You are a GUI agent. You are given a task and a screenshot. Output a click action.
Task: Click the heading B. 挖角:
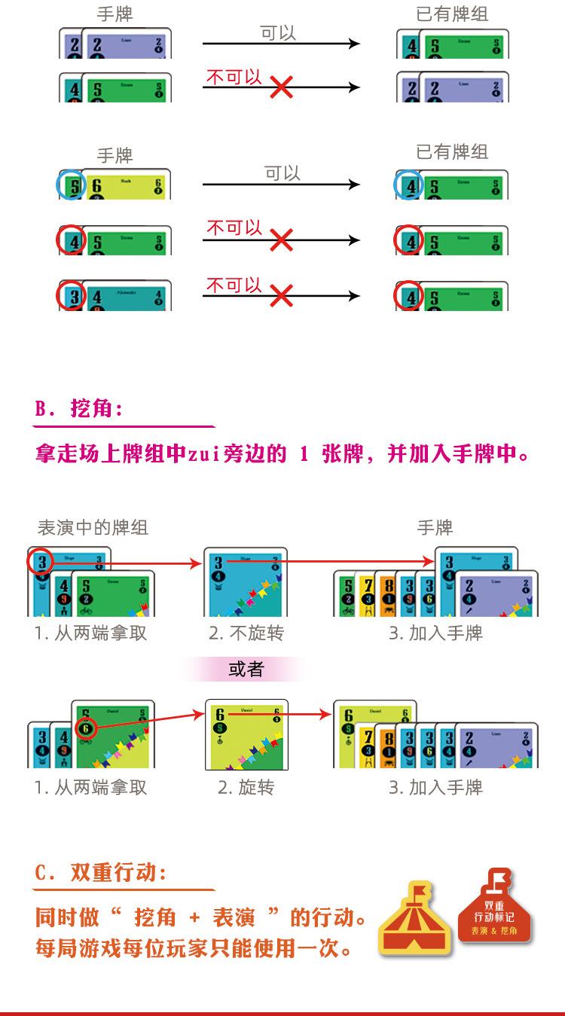[x=78, y=409]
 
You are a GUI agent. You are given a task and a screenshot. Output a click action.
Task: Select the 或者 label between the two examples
[x=246, y=669]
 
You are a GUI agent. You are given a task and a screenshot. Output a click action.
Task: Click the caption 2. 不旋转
[x=246, y=633]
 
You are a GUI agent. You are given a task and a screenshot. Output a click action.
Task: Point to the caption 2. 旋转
[x=246, y=788]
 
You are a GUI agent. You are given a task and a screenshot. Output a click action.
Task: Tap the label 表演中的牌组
[x=93, y=527]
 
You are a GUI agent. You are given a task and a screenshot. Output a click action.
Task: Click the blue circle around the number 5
[x=70, y=185]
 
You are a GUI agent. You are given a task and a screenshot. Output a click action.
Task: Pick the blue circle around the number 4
[x=408, y=185]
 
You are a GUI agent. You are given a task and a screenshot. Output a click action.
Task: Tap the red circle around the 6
[x=87, y=730]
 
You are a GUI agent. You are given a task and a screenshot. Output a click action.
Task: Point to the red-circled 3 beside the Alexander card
[x=72, y=296]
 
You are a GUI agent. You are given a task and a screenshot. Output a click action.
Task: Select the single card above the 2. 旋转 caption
[x=247, y=734]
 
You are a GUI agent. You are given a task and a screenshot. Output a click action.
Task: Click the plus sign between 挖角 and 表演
[x=195, y=918]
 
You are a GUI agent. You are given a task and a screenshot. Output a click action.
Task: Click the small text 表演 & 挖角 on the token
[x=494, y=931]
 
